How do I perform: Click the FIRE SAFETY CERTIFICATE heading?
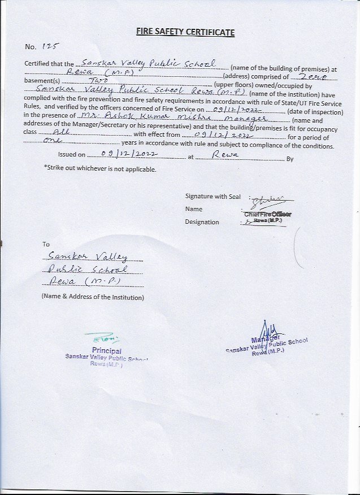[185, 32]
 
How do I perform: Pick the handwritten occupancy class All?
[60, 131]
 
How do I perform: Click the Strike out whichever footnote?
[99, 169]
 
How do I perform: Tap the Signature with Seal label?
[212, 196]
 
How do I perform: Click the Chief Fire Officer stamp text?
[268, 214]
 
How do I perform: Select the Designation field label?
[202, 222]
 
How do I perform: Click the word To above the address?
[46, 245]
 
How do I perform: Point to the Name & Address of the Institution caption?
[93, 297]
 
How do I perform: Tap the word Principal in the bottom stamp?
[106, 351]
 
